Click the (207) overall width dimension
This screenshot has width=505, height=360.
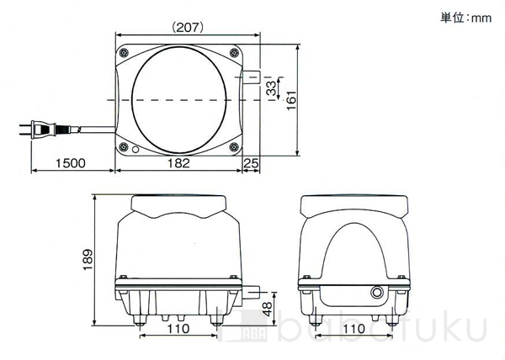tap(188, 28)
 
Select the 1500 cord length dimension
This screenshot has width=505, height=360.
tap(71, 163)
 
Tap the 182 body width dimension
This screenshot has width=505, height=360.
tap(178, 163)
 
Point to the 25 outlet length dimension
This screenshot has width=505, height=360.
tap(251, 163)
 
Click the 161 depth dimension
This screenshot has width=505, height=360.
tap(291, 100)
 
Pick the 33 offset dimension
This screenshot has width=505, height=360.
tap(272, 88)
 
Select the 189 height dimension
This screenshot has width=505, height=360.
tap(88, 260)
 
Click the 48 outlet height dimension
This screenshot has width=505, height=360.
tap(267, 310)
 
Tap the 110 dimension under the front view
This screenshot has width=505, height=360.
tap(178, 329)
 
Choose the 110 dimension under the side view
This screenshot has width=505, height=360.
tap(353, 329)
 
